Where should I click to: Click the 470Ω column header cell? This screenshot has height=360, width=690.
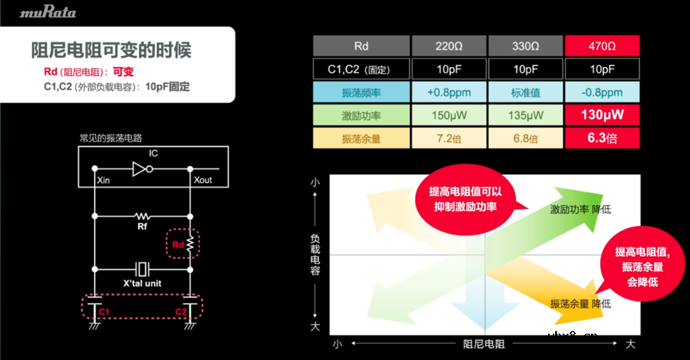coord(603,45)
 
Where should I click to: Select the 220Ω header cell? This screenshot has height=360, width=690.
coord(447,45)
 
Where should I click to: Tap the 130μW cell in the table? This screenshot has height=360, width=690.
coord(603,115)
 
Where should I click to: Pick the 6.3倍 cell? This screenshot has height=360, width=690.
coord(603,138)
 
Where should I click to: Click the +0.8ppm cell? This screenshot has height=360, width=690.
coord(447,92)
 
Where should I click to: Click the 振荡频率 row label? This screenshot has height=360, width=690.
coord(360,92)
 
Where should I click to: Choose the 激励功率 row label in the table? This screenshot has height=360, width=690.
coord(360,115)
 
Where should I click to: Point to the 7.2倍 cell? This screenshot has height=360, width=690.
coord(447,138)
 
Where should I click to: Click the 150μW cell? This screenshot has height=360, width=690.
coord(447,115)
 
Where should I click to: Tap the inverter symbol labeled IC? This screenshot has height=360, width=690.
coord(142,169)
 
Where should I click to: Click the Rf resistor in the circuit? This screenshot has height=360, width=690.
coord(144,216)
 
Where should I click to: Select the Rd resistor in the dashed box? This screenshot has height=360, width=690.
coord(190,246)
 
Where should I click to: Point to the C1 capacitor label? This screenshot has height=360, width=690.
coord(104,311)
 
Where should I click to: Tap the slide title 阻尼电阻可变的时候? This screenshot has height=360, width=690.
coord(111,49)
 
